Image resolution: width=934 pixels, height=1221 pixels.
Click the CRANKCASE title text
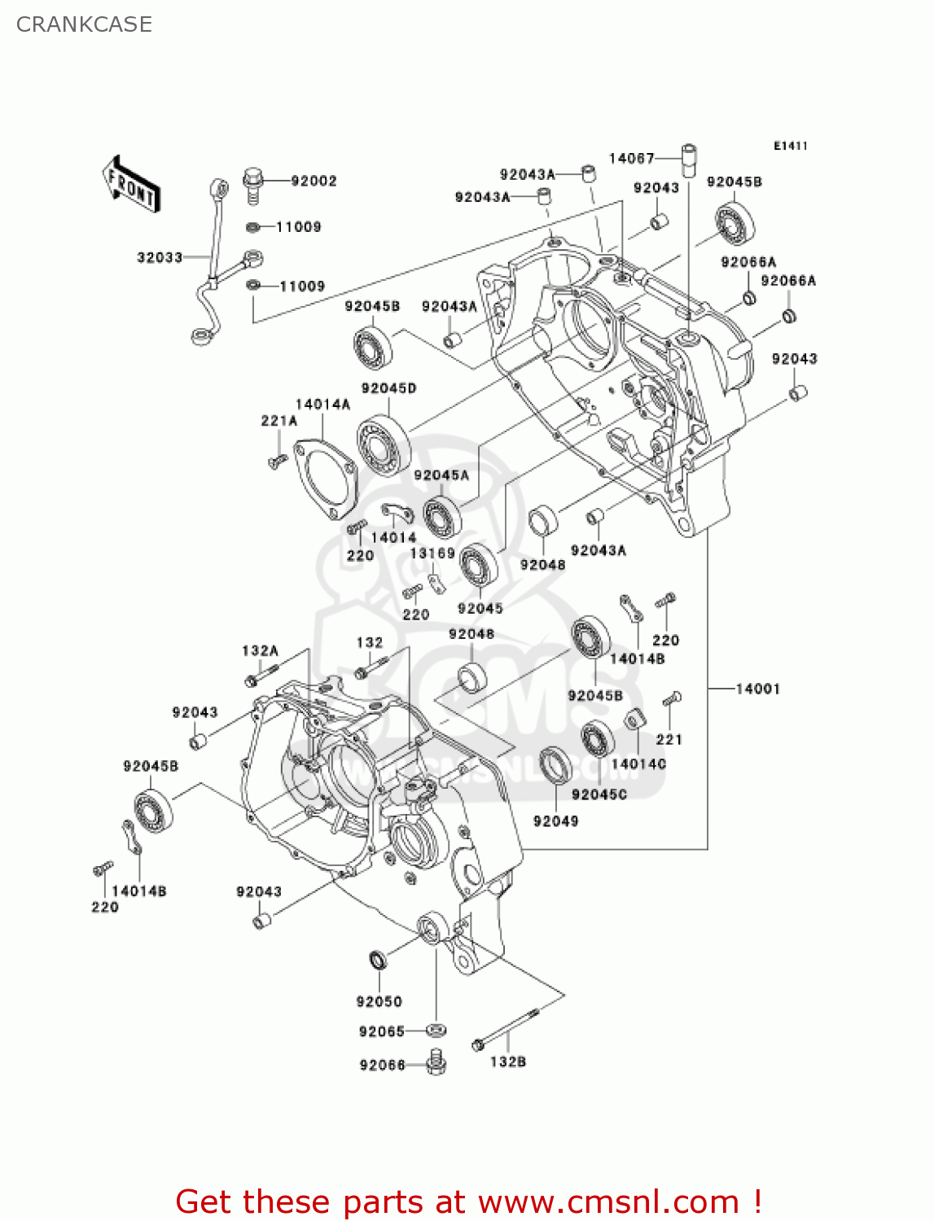[x=84, y=24]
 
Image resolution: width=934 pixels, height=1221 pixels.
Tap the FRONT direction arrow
[x=130, y=185]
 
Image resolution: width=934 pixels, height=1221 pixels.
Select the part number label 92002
[x=314, y=181]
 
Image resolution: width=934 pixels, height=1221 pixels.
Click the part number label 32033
[x=160, y=257]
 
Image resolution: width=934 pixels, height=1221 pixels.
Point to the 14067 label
[x=631, y=158]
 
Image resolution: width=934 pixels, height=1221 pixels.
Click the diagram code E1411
[x=790, y=146]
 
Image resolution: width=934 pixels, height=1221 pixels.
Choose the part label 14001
[x=757, y=689]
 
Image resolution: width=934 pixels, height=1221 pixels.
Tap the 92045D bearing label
[x=388, y=388]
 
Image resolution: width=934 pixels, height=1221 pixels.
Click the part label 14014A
[x=322, y=404]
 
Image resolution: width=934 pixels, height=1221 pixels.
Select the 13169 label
[x=432, y=554]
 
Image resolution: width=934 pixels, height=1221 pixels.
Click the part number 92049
[x=555, y=821]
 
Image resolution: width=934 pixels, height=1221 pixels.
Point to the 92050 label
[x=379, y=1001]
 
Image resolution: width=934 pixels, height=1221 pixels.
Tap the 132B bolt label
[x=507, y=1061]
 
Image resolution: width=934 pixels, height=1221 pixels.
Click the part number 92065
[x=381, y=1031]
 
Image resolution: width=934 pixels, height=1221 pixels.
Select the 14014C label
[x=638, y=764]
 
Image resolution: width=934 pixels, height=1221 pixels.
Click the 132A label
[x=260, y=650]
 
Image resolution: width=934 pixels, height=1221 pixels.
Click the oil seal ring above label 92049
[x=555, y=765]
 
